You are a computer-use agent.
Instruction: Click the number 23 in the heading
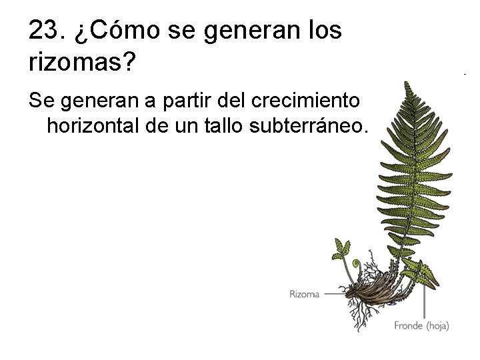(43, 31)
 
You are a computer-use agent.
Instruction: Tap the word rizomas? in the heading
(83, 63)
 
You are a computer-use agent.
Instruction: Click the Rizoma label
(304, 294)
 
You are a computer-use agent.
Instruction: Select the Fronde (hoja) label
(421, 326)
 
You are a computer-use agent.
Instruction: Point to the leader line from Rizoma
(335, 294)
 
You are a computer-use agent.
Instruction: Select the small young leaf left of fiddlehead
(341, 250)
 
